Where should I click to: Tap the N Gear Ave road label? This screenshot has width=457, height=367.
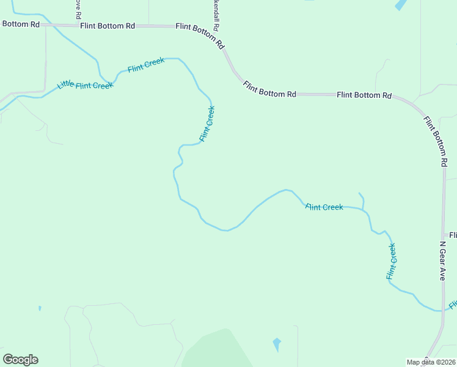(x=443, y=260)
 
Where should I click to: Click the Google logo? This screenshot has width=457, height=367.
(x=20, y=360)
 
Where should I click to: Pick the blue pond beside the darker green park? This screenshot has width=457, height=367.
(x=277, y=344)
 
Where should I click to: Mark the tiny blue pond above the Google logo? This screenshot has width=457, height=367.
(x=40, y=308)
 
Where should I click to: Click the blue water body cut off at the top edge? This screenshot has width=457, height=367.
(x=401, y=4)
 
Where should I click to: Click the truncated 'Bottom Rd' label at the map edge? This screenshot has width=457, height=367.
(x=20, y=24)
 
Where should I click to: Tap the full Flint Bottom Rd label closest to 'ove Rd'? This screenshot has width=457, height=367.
(x=107, y=26)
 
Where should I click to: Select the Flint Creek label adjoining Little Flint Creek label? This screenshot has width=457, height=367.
(x=145, y=64)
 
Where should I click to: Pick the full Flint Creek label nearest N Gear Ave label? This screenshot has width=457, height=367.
(x=391, y=261)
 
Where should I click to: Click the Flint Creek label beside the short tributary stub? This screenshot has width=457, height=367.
(x=324, y=207)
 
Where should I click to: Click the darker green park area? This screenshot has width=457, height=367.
(x=217, y=352)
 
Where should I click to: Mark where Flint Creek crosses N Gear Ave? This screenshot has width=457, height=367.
(x=440, y=310)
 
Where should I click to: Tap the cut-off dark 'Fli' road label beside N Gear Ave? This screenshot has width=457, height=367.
(x=453, y=235)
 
